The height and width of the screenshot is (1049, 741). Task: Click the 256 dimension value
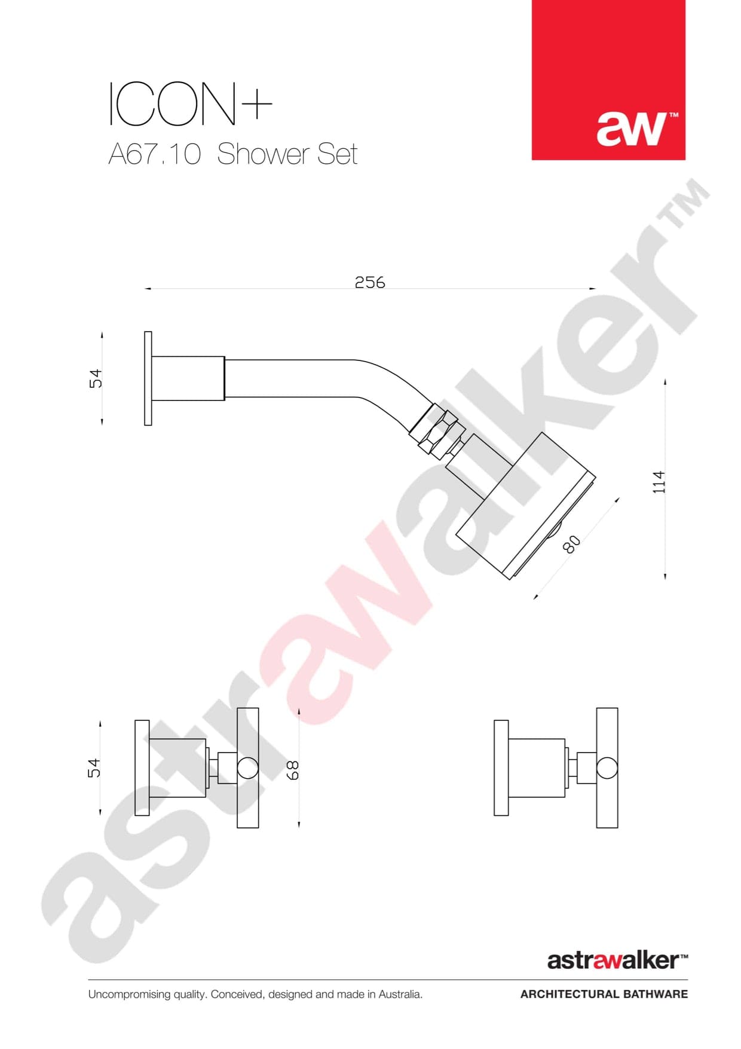tap(370, 282)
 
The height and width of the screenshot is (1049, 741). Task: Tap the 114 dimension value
tap(659, 482)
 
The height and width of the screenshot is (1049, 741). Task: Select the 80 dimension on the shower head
tap(572, 544)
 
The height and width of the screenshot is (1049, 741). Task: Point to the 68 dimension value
tap(293, 770)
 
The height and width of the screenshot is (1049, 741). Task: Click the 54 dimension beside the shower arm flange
tap(96, 379)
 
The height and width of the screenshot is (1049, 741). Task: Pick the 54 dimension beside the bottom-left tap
tap(94, 768)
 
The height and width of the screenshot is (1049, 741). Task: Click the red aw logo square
tap(608, 80)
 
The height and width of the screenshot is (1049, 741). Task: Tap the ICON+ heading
tap(190, 104)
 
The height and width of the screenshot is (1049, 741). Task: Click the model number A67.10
tap(154, 154)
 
